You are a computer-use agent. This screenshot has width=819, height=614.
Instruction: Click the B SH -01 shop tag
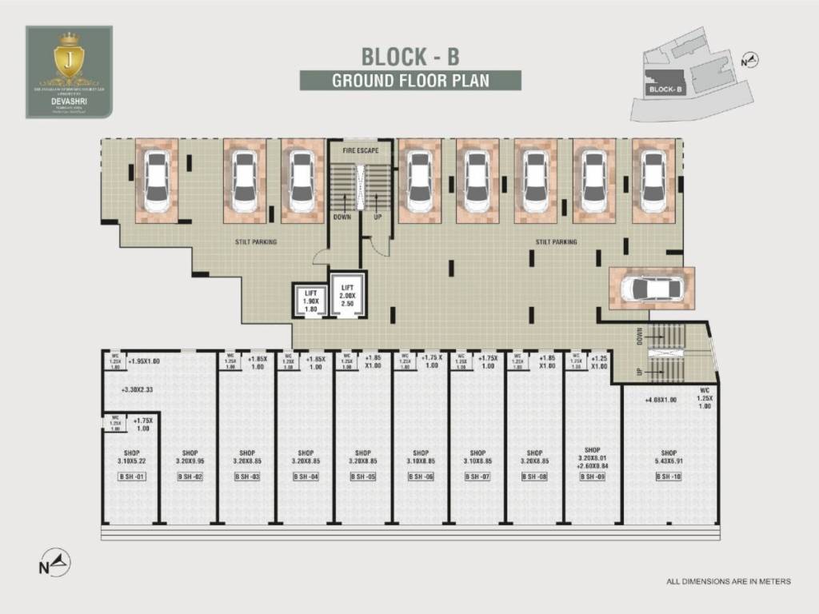pos(132,477)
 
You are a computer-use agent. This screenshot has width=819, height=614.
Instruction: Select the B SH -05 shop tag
pos(363,477)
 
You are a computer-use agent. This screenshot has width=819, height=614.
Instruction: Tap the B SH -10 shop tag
pos(669,477)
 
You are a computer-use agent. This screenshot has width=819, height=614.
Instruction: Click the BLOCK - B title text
pos(410,57)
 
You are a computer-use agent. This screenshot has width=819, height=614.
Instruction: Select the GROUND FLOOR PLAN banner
pos(410,80)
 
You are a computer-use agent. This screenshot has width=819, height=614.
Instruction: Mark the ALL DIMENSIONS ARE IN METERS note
pos(728,581)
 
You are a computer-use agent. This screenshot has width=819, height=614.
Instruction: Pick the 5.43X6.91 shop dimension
pos(669,462)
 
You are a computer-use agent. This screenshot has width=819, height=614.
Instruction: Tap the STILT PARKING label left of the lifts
pos(256,241)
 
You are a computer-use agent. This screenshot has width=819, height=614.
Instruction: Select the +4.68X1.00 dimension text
pos(661,400)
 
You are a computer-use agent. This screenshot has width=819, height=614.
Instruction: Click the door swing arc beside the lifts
pos(320,256)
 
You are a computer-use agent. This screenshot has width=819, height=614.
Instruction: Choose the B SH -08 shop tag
pos(535,477)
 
